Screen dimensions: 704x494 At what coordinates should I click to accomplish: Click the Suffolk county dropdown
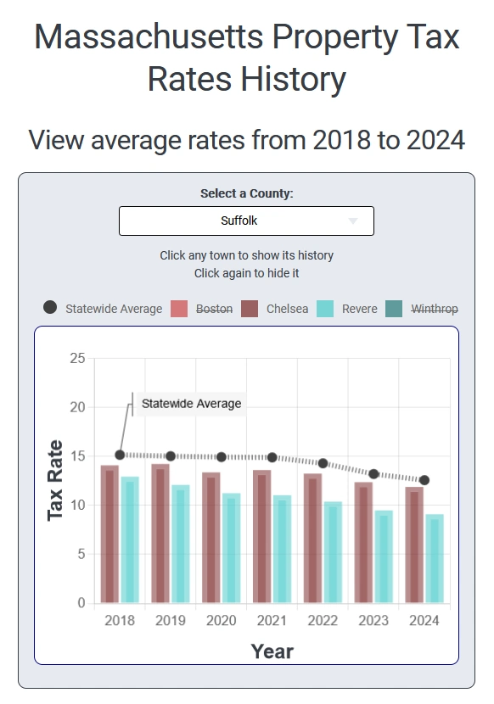click(246, 221)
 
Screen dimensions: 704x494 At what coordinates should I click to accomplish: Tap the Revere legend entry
click(347, 309)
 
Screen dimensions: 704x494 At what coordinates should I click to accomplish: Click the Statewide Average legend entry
click(102, 309)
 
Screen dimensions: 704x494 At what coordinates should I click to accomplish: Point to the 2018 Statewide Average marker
click(120, 455)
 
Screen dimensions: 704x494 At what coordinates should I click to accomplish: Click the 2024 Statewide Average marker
click(424, 480)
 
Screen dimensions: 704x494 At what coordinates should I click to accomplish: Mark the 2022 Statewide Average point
click(323, 463)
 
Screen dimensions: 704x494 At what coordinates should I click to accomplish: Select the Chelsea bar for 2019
click(160, 534)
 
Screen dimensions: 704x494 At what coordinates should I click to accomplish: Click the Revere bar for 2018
click(130, 540)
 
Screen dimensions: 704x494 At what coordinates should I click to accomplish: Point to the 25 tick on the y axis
click(77, 359)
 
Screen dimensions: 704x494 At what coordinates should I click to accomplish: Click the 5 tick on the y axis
click(81, 554)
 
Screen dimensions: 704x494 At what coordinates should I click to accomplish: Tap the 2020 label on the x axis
click(222, 621)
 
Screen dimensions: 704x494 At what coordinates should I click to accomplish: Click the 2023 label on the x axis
click(373, 621)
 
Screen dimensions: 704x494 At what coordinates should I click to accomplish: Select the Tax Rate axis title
click(55, 480)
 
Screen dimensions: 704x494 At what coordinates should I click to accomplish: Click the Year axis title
click(272, 651)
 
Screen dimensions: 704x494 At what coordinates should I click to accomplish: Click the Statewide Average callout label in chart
click(191, 404)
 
